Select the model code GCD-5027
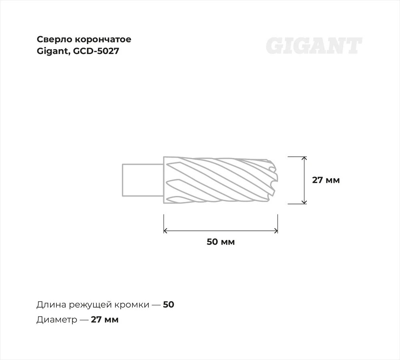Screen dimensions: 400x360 tap(96, 51)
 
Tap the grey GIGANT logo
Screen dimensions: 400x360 tap(314, 46)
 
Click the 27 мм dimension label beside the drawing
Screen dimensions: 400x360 tap(326, 180)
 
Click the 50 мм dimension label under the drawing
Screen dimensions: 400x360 tap(221, 242)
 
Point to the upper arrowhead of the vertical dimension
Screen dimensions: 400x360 tap(304, 158)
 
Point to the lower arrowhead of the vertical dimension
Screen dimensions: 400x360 tap(304, 202)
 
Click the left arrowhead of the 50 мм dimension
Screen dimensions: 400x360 tap(165, 231)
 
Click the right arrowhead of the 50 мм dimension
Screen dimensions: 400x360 tap(276, 231)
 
